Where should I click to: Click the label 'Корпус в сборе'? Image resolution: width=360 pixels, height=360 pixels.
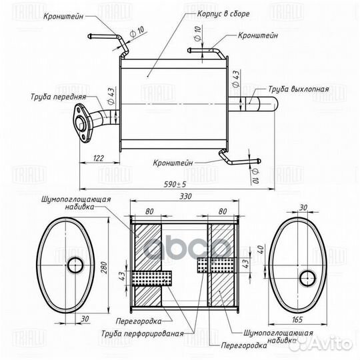(223, 14)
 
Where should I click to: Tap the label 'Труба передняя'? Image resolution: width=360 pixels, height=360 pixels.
(58, 97)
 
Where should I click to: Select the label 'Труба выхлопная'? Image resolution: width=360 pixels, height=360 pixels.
(299, 89)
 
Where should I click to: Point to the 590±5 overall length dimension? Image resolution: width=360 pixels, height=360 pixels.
(175, 185)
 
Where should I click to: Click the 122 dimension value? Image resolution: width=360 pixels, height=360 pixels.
(99, 158)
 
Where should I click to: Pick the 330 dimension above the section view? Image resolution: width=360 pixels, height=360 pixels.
(185, 197)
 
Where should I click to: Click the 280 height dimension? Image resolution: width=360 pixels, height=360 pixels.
(105, 267)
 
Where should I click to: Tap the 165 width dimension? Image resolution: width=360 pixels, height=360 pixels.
(297, 319)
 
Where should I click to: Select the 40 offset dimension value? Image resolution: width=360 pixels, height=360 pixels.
(261, 249)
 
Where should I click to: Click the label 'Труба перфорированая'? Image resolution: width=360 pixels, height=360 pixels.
(143, 333)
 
